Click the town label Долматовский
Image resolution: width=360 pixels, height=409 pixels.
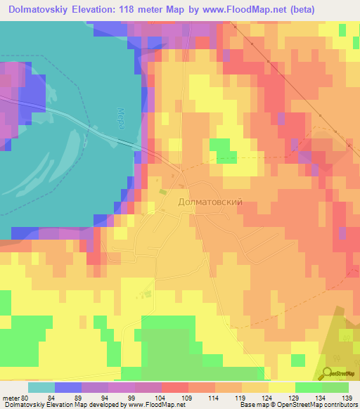(x=210, y=202)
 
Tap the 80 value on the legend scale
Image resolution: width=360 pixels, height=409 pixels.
(x=27, y=397)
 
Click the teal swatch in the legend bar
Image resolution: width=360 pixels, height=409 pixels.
(x=41, y=387)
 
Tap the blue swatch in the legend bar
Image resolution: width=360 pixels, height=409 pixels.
(x=67, y=387)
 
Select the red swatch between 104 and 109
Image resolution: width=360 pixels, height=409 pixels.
(x=175, y=387)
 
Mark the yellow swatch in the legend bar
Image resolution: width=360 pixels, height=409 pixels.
(x=282, y=387)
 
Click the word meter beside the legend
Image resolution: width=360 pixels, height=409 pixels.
(x=11, y=397)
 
